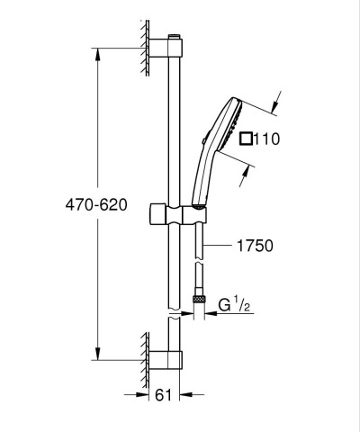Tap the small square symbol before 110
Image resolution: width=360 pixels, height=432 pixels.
point(247,139)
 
